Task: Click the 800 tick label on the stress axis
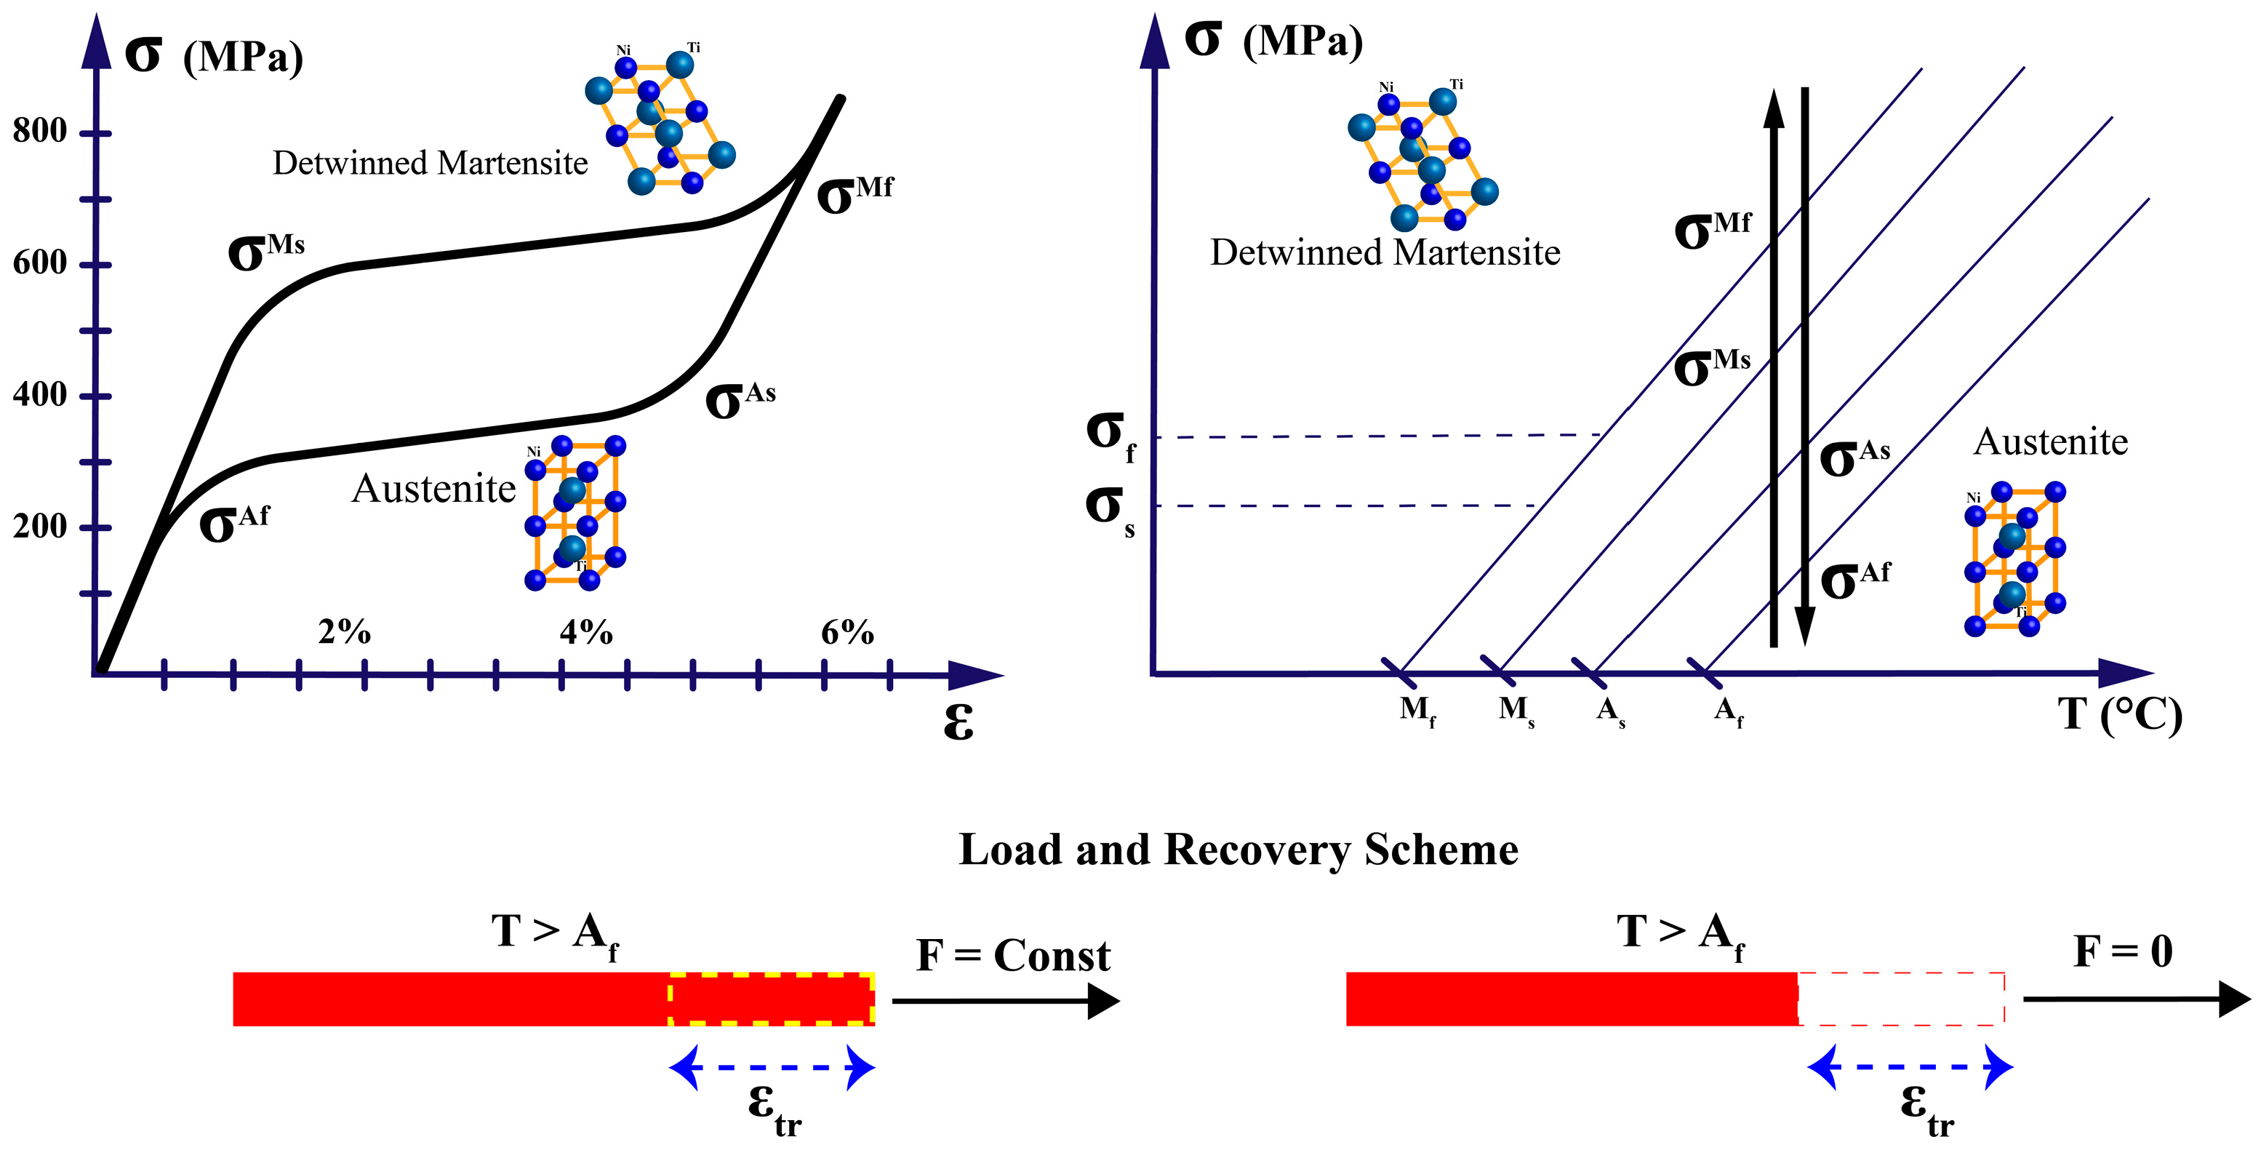click(39, 131)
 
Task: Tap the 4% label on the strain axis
click(585, 632)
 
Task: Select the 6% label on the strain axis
click(847, 632)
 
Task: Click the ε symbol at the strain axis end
click(958, 722)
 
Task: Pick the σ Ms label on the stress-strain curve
click(265, 252)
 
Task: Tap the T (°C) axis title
click(2118, 714)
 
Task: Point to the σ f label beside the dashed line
click(1111, 434)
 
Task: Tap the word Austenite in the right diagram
click(2050, 442)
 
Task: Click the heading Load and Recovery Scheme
click(1238, 850)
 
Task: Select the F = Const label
click(1013, 955)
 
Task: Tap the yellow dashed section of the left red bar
click(771, 999)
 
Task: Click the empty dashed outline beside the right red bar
click(1901, 999)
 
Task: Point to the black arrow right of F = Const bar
click(1006, 1001)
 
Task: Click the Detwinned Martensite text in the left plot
click(430, 163)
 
